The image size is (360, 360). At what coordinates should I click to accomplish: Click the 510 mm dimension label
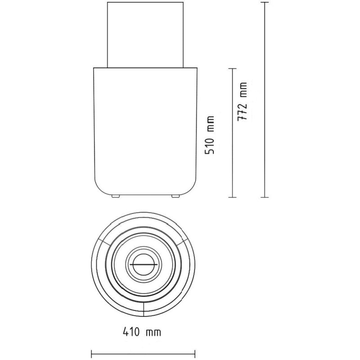pos(210,135)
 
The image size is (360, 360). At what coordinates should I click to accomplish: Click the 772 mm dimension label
pos(243,102)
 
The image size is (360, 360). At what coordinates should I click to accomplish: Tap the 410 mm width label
pos(142,332)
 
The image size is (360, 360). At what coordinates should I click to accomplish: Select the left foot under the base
pos(116,196)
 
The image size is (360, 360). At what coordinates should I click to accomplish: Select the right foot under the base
pos(175,196)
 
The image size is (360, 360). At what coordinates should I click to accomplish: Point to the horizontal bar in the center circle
pos(144,265)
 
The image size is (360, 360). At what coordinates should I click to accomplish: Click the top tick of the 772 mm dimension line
pos(265,2)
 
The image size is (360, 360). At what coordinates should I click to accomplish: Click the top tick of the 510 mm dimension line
pos(233,69)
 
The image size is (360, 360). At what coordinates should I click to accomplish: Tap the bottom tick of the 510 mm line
pos(233,197)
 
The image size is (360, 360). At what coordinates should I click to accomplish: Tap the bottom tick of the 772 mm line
pos(265,197)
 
